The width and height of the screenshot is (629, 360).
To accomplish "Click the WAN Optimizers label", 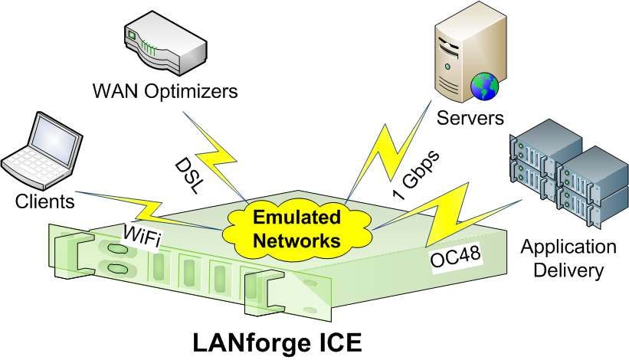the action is [165, 91].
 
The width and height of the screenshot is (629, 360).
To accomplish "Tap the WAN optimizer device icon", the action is [165, 44].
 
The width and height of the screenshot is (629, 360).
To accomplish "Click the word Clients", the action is [45, 201].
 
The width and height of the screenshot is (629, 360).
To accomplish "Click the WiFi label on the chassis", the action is [142, 236].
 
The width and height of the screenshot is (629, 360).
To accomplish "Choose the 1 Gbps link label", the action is [416, 175].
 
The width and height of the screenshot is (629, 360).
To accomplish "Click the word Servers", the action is [470, 118].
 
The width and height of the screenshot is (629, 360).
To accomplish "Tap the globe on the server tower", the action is [485, 86].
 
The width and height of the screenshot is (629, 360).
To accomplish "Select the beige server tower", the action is [470, 51].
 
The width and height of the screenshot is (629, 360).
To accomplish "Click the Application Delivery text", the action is [568, 259].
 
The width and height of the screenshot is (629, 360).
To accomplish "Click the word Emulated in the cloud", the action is [296, 217].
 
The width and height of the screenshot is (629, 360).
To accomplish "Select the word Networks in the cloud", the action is [296, 241].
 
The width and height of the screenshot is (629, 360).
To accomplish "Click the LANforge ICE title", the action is [277, 342].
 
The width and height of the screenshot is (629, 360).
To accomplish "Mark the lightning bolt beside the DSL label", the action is [215, 156].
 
